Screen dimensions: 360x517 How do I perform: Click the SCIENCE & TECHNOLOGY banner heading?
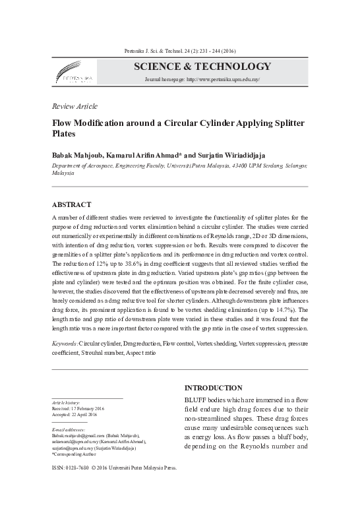click(x=202, y=66)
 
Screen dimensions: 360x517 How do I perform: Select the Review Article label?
click(x=74, y=106)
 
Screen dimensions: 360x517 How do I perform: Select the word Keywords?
click(x=65, y=344)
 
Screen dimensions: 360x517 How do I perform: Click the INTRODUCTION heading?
click(x=214, y=387)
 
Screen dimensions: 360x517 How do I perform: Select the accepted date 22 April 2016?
click(x=84, y=415)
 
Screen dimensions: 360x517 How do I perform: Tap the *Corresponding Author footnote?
click(x=75, y=454)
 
